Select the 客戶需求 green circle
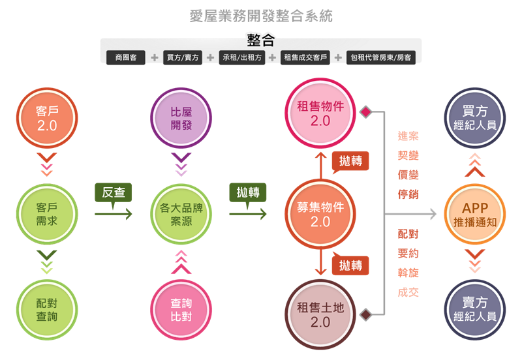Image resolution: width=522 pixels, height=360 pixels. point(47,213)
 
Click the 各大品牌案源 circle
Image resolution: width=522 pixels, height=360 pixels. point(181,213)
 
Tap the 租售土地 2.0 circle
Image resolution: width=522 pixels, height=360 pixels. point(320,315)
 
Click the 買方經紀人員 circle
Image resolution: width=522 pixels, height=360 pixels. point(475,118)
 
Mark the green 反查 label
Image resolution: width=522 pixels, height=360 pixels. point(114,192)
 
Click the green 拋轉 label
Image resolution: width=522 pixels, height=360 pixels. point(247,192)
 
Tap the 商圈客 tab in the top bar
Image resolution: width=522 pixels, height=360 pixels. point(126,57)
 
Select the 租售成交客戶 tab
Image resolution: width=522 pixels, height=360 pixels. point(305,57)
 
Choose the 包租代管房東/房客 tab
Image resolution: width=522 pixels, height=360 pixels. point(380,57)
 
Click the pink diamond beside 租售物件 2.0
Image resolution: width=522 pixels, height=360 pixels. point(365,112)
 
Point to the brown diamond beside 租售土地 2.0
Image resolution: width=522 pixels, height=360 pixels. point(367,315)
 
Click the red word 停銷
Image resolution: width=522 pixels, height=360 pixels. point(408,194)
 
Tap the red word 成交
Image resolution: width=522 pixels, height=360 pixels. point(408,292)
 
